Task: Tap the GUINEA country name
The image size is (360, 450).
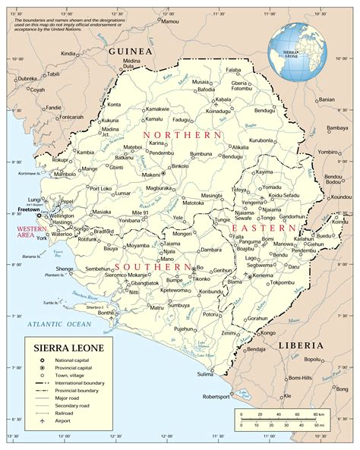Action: click(130, 50)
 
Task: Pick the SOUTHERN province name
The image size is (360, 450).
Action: click(153, 267)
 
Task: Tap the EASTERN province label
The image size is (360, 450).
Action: click(264, 228)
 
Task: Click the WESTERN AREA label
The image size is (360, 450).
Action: click(19, 231)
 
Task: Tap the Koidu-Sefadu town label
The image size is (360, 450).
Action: click(287, 196)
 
